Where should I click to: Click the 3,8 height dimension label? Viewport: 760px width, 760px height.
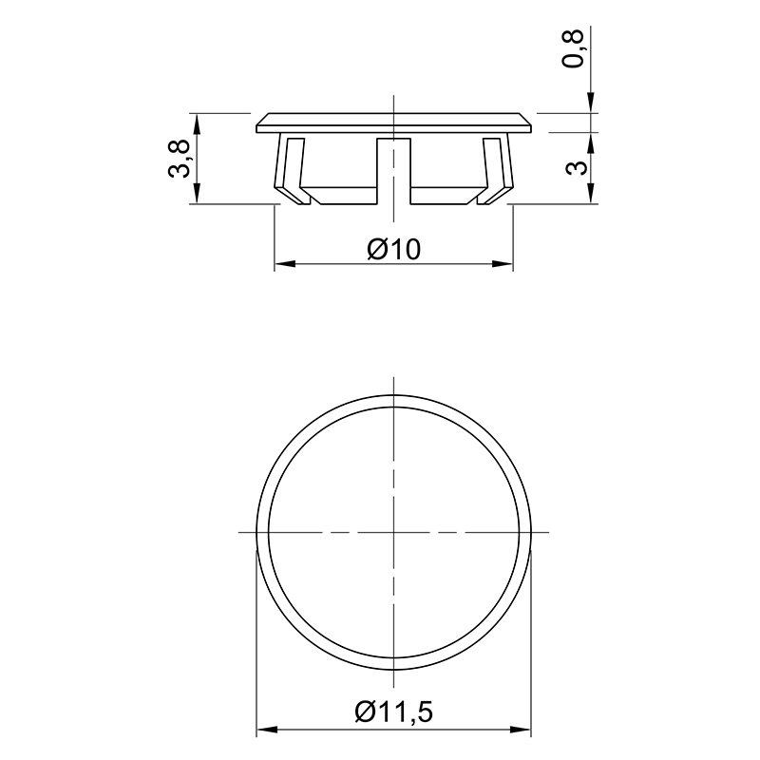[x=179, y=159]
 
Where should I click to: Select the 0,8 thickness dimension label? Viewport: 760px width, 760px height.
[x=573, y=48]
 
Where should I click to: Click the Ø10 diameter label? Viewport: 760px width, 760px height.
[x=393, y=250]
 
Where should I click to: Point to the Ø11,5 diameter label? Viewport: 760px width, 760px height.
[x=393, y=712]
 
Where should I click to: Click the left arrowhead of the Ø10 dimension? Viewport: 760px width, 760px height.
[x=285, y=264]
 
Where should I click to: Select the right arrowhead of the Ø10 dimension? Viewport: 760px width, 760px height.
[x=503, y=264]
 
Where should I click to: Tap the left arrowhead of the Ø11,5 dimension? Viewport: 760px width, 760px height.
[x=267, y=729]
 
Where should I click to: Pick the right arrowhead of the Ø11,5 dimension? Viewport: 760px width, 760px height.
[x=521, y=729]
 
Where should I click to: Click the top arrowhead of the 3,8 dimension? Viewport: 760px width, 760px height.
[x=197, y=123]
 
